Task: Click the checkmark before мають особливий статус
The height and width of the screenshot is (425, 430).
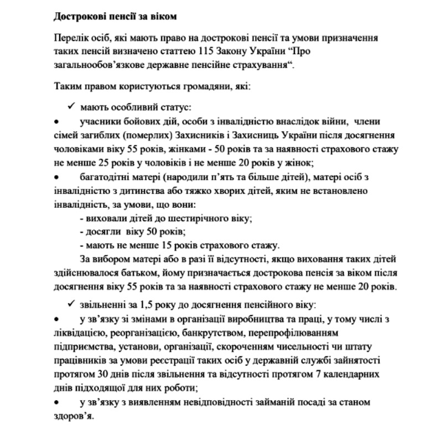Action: (x=71, y=106)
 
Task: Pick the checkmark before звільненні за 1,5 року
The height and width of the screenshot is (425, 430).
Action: (x=71, y=304)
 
